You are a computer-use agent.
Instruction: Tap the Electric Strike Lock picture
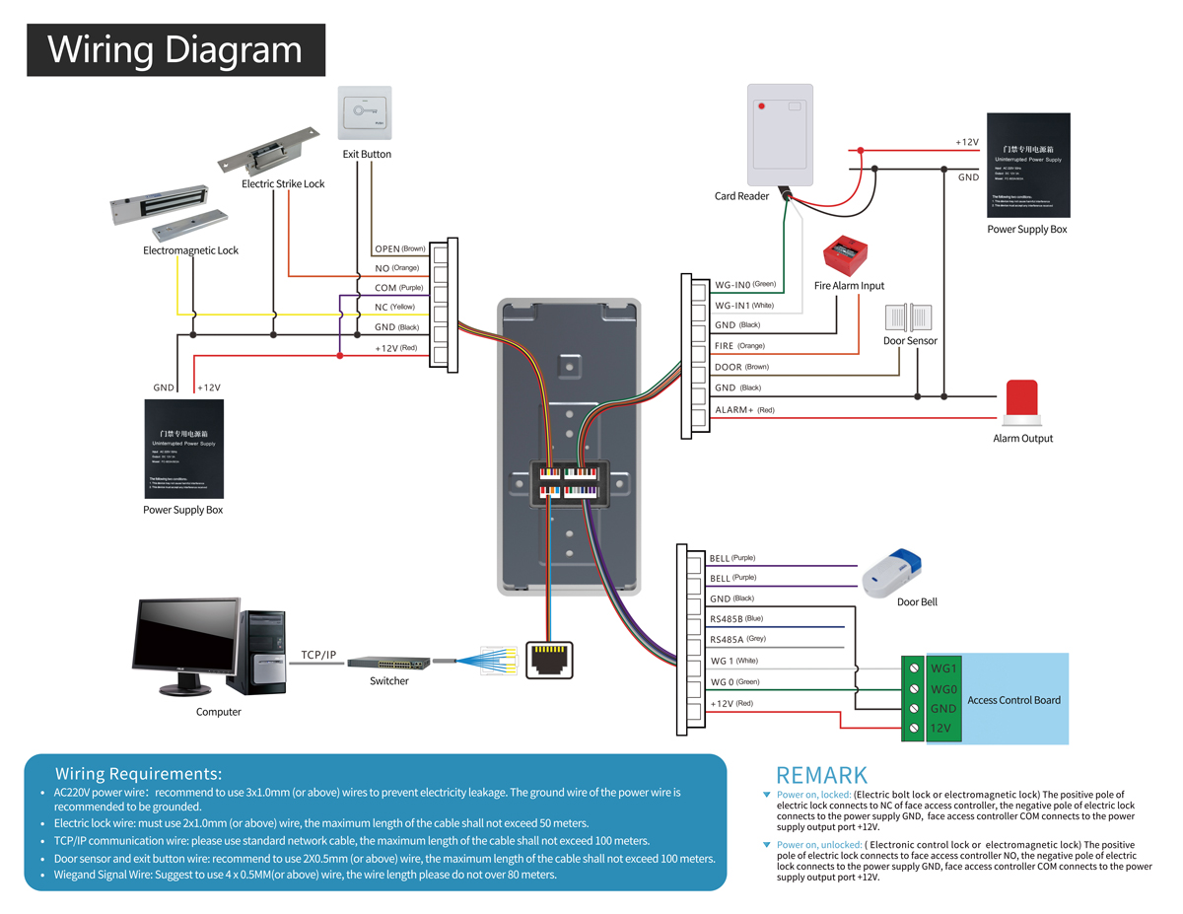click(x=272, y=149)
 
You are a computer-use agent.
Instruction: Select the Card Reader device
click(x=780, y=136)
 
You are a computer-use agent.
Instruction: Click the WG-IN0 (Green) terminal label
click(x=745, y=284)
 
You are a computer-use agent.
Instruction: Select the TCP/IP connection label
click(x=318, y=655)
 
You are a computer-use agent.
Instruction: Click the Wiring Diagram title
click(x=174, y=49)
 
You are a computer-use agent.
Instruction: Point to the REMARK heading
click(x=822, y=775)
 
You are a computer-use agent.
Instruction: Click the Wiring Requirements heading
click(x=138, y=773)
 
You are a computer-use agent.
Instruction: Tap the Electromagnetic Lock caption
click(x=190, y=250)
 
